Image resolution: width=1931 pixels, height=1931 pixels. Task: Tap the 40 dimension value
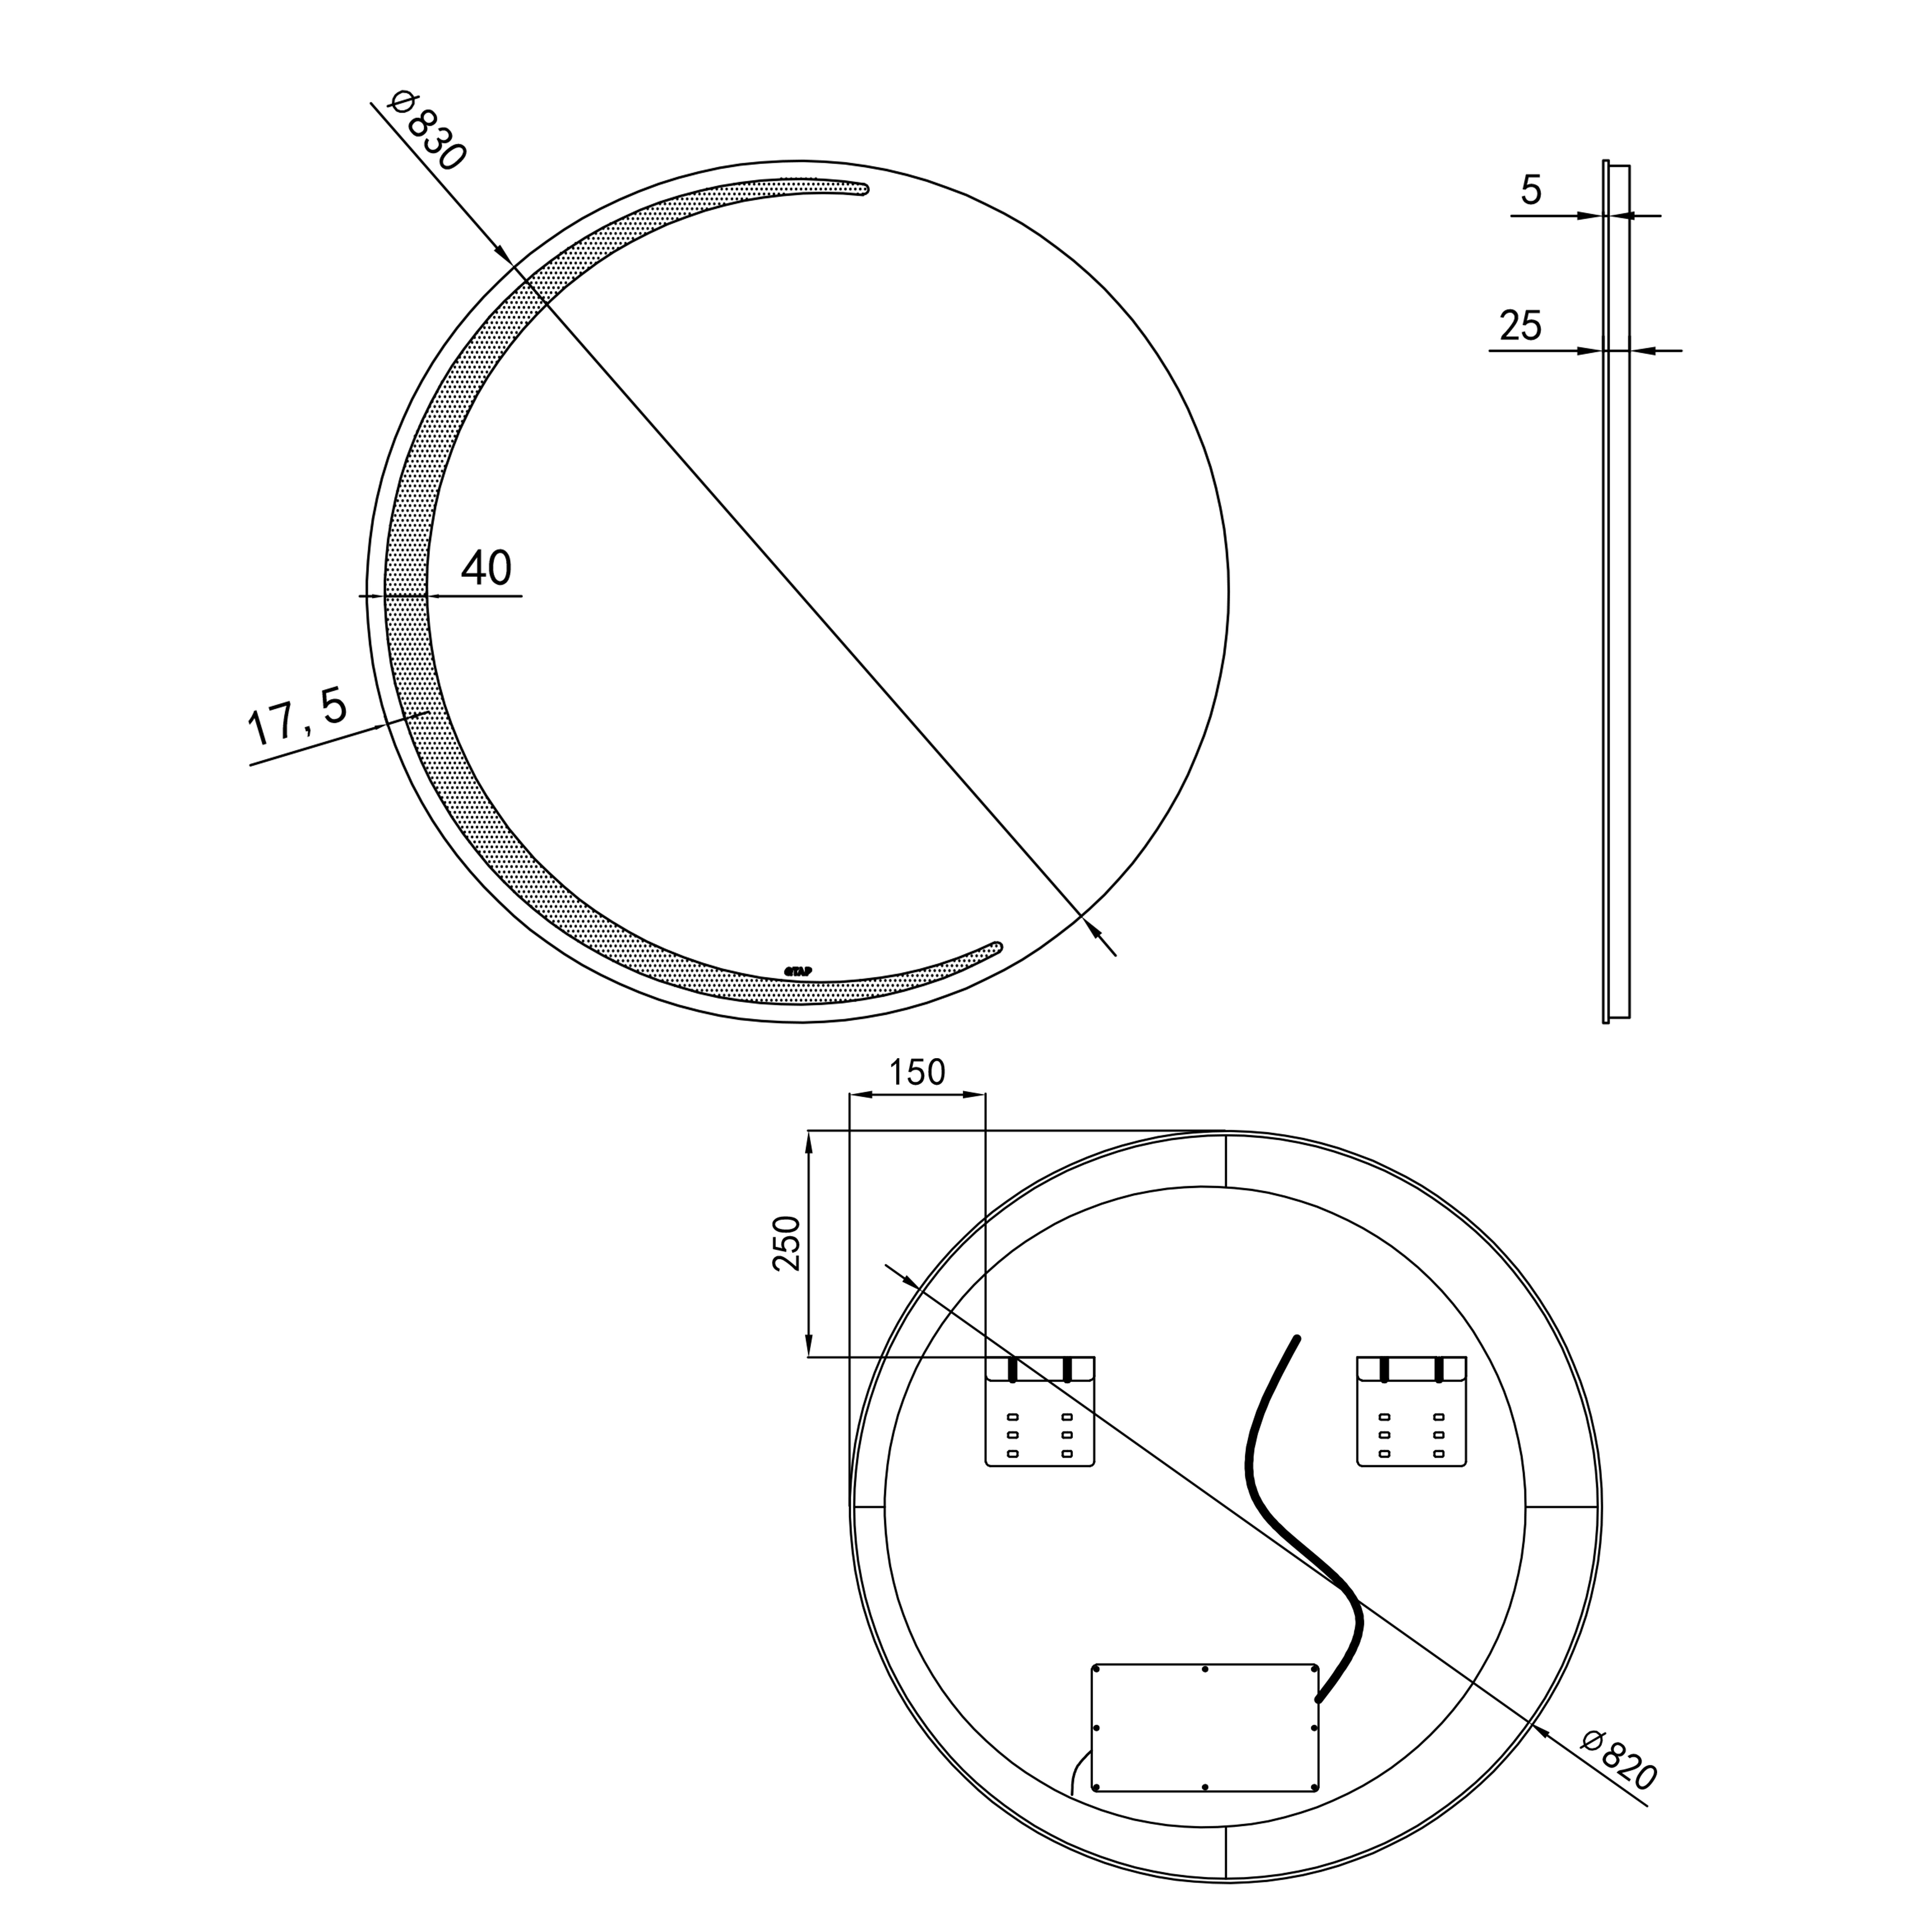487,569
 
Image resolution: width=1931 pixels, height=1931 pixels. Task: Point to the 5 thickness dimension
1531,190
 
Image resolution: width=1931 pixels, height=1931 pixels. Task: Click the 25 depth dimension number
1520,326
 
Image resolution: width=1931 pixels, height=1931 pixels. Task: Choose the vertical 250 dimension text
788,1243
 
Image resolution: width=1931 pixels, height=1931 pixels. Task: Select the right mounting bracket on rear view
1411,1411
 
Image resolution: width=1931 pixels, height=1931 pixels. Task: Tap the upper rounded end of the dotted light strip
862,189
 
